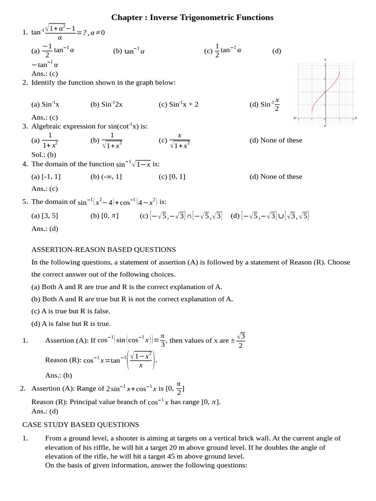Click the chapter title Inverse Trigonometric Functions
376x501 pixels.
[x=192, y=18]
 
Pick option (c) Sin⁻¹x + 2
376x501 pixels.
[x=178, y=104]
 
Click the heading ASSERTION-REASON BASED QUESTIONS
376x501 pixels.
[x=103, y=250]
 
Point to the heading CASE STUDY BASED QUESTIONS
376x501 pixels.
[x=81, y=425]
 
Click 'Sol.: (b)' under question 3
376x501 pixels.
[x=44, y=154]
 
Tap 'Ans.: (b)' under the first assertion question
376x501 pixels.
[x=58, y=376]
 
